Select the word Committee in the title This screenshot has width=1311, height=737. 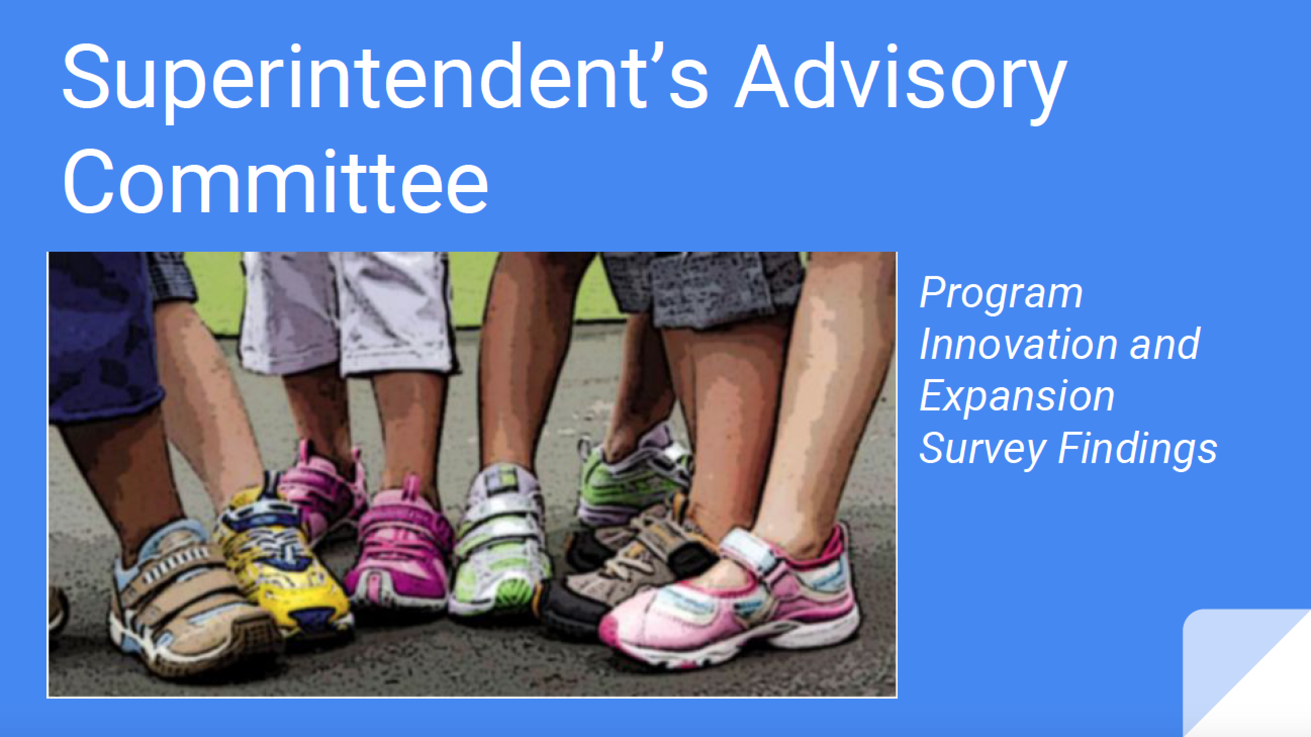point(275,180)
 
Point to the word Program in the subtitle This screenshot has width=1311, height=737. point(1001,294)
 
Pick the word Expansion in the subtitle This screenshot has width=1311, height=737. point(1017,397)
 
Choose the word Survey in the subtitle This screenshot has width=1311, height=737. point(982,449)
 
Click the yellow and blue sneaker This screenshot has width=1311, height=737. point(283,560)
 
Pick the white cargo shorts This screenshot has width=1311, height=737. point(346,310)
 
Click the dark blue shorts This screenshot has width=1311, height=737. point(104,336)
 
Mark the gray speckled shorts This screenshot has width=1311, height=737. point(705,288)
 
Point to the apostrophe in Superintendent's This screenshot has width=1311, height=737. point(658,53)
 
